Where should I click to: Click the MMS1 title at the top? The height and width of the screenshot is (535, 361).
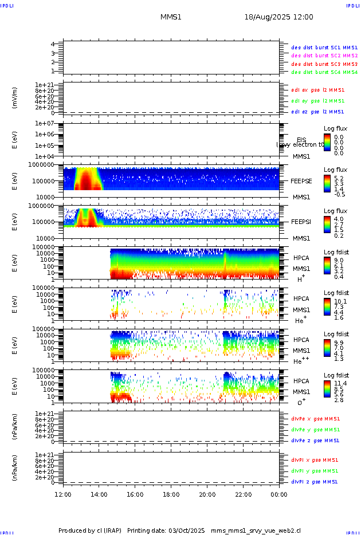click(171, 17)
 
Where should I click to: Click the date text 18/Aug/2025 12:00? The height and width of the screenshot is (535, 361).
click(278, 17)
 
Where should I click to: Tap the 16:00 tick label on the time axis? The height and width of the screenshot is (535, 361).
click(135, 494)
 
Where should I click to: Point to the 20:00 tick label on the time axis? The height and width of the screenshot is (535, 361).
click(207, 494)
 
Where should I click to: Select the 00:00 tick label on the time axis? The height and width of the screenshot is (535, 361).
click(279, 494)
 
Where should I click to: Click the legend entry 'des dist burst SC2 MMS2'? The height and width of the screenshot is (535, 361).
click(324, 56)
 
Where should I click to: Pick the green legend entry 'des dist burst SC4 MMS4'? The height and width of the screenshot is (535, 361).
click(324, 72)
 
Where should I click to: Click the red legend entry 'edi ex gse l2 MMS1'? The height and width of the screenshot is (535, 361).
click(318, 90)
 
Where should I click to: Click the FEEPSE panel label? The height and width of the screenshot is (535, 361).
click(301, 180)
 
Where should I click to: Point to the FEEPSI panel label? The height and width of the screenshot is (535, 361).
click(301, 221)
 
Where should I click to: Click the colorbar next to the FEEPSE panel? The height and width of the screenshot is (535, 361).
click(327, 183)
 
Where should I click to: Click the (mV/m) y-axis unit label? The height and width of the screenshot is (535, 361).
click(15, 97)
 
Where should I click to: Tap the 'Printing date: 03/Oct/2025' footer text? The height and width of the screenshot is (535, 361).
click(166, 530)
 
